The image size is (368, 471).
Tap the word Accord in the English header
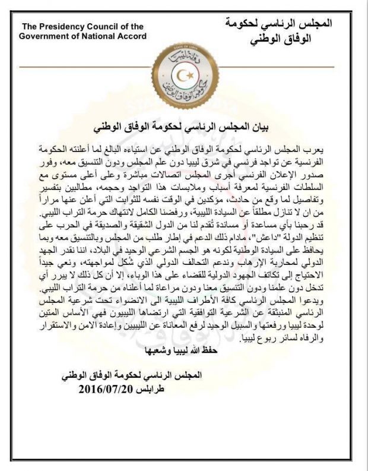(131, 36)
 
